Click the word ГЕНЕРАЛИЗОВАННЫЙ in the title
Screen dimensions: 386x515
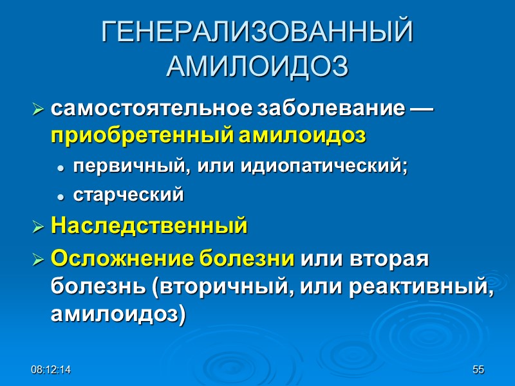pyautogui.click(x=257, y=33)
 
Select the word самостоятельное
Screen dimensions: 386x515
pyautogui.click(x=152, y=109)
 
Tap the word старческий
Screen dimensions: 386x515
pyautogui.click(x=129, y=195)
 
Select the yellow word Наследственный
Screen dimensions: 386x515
pyautogui.click(x=149, y=226)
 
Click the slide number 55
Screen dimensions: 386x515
pyautogui.click(x=478, y=370)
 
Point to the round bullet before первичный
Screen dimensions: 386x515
pyautogui.click(x=60, y=167)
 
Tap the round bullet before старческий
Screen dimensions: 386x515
pyautogui.click(x=60, y=196)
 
